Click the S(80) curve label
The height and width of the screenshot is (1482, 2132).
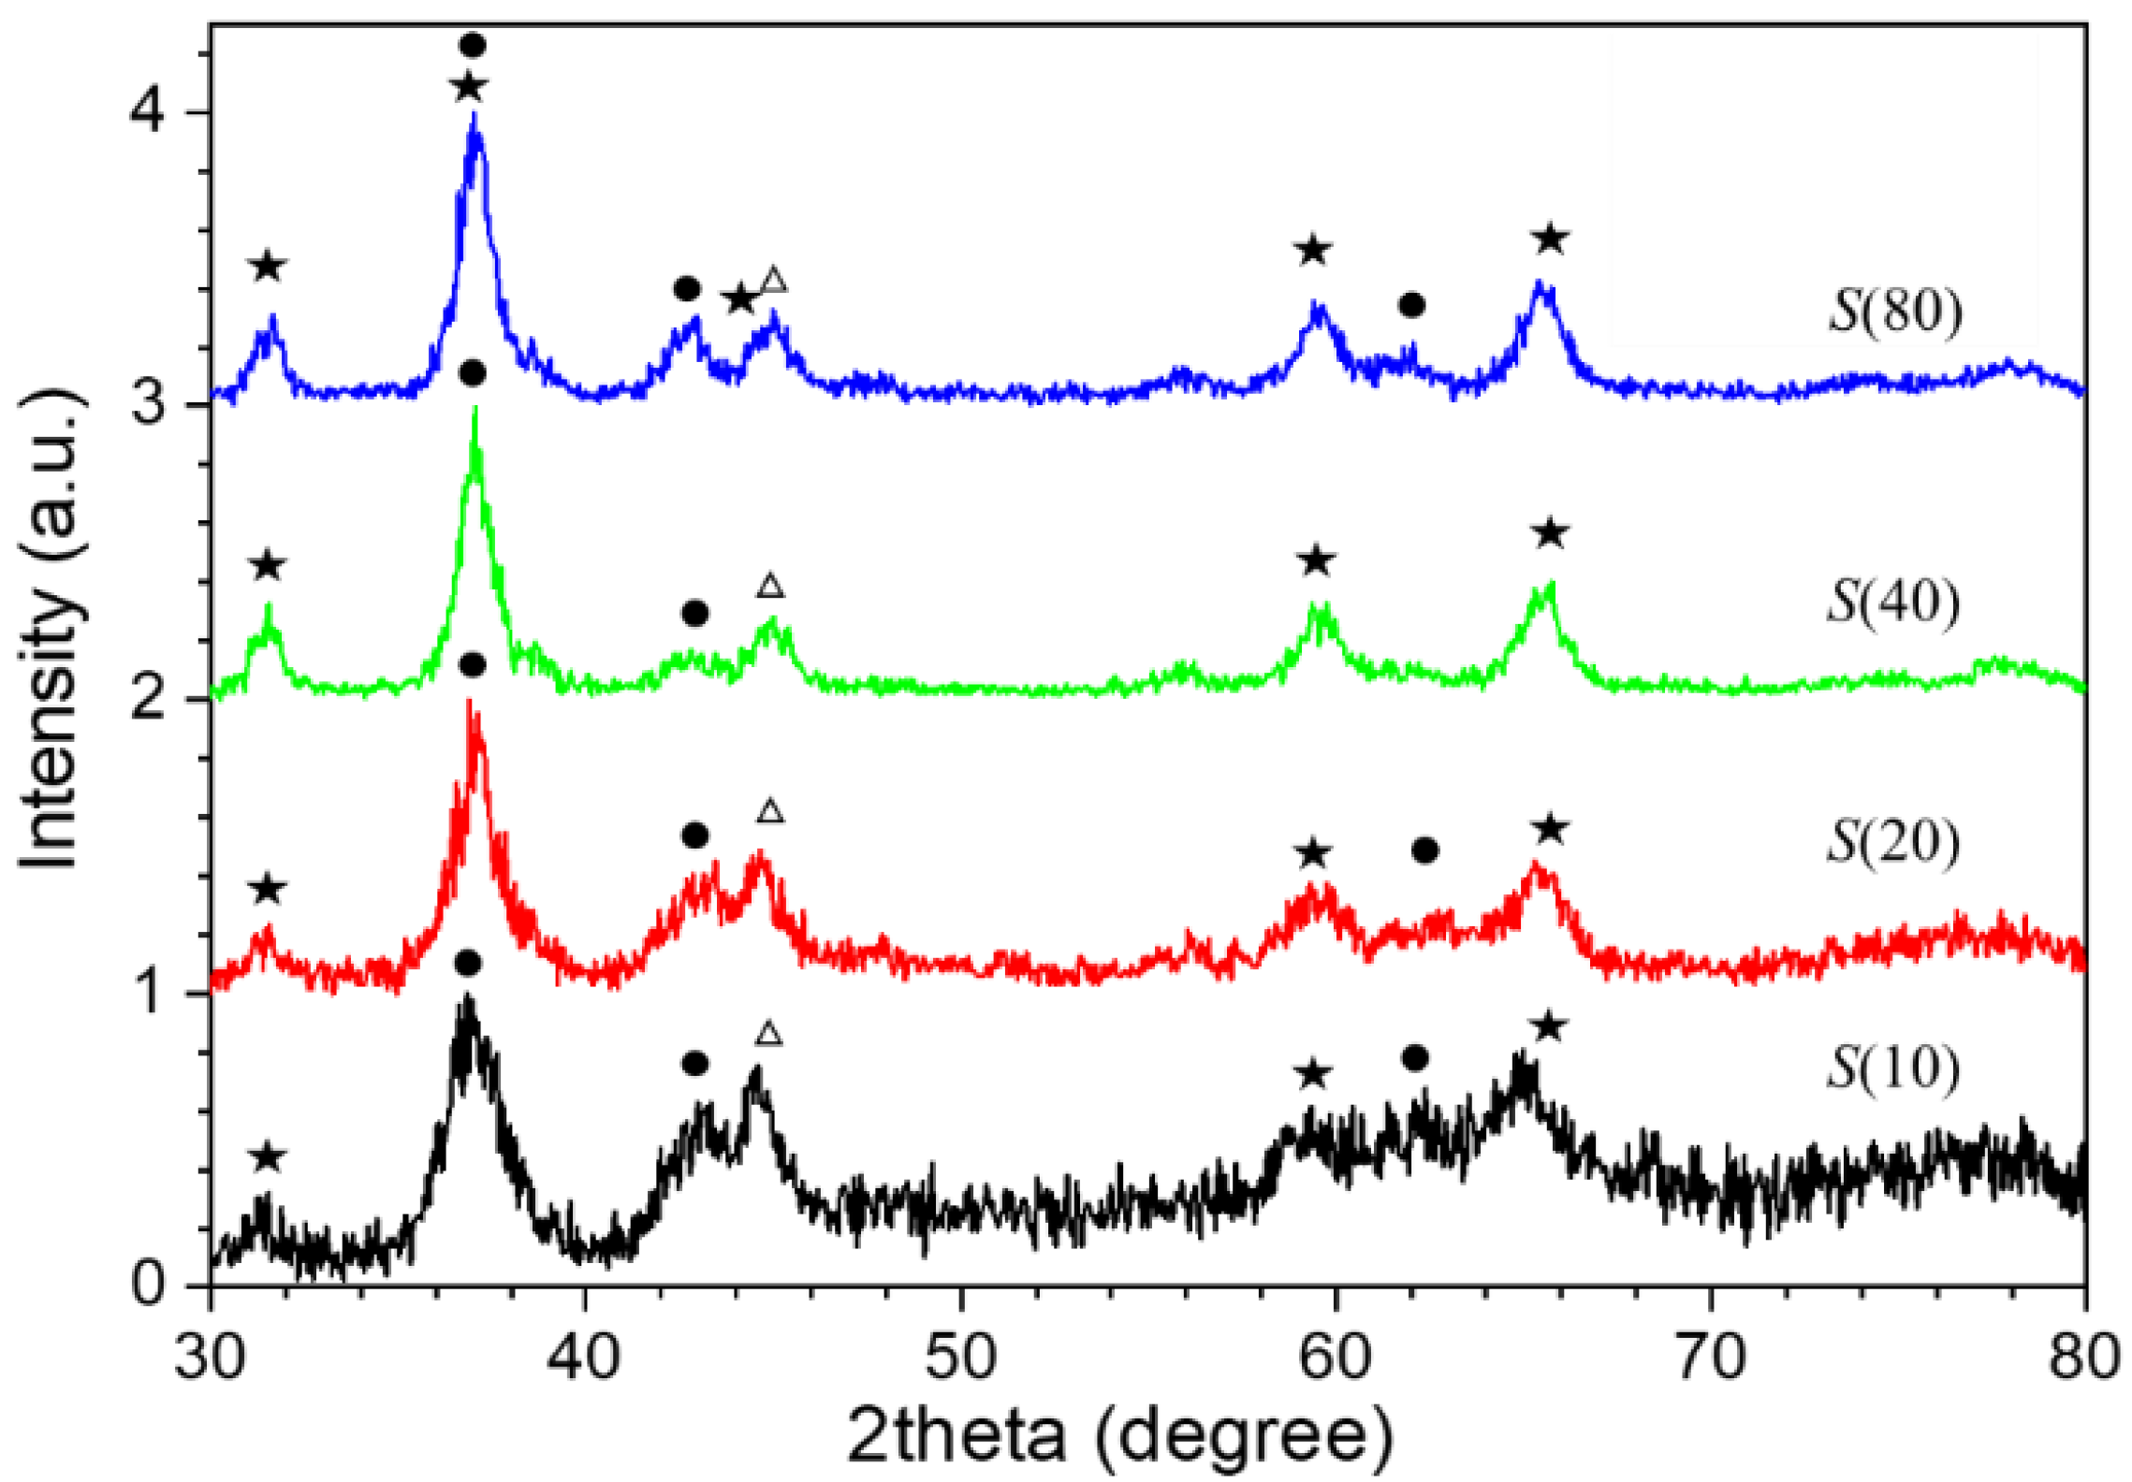(1894, 312)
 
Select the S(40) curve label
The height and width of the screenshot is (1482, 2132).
(1892, 602)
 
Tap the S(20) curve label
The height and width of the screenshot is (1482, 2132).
(1892, 842)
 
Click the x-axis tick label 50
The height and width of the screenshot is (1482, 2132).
(960, 1358)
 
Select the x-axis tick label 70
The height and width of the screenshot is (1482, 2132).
(1711, 1358)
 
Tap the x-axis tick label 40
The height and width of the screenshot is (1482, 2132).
(585, 1358)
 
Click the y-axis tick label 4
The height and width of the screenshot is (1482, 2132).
(148, 112)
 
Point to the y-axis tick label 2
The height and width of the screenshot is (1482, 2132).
(148, 700)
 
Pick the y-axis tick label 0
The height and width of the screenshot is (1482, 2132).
(148, 1286)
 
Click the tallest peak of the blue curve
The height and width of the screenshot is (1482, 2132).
(475, 116)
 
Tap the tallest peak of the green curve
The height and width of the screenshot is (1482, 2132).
(475, 409)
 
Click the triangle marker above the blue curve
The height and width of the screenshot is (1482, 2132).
(773, 280)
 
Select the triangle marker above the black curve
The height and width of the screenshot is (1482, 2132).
(768, 1034)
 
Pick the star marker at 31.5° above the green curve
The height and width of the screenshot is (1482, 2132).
(268, 566)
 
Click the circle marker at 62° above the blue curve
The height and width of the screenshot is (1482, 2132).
(1411, 305)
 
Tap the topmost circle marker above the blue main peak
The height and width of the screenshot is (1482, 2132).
(473, 45)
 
